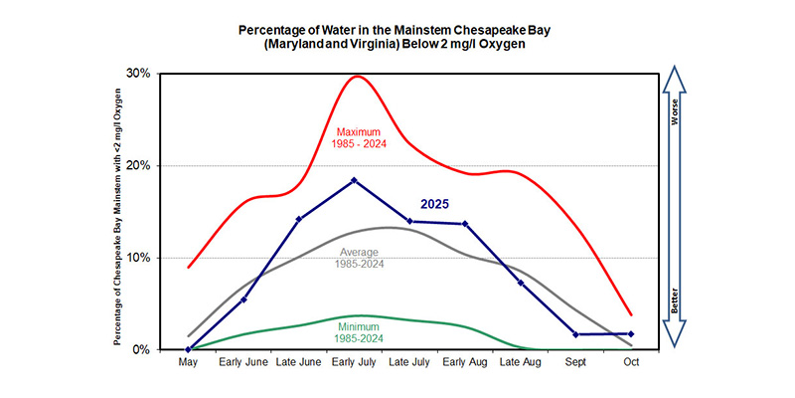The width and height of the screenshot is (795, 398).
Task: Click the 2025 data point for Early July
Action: [355, 180]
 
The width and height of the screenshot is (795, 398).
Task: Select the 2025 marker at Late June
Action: [299, 219]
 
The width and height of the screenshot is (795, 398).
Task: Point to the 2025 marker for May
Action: [189, 349]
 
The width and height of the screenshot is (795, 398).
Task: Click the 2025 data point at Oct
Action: [631, 333]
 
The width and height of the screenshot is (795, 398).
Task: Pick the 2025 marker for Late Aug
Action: [521, 283]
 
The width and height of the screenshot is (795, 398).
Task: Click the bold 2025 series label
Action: [434, 203]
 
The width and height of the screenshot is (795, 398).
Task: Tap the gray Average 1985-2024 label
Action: [363, 257]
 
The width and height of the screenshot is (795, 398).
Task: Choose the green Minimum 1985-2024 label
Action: [362, 330]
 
